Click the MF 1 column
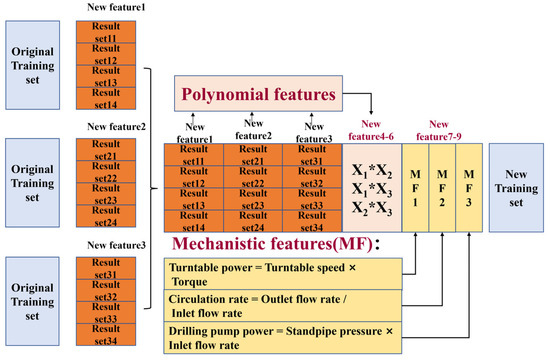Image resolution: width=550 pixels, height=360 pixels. click(415, 189)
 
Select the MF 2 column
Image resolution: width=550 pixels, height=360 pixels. click(441, 189)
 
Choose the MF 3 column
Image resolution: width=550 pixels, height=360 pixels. click(467, 189)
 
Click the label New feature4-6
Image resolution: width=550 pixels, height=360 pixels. click(372, 130)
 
